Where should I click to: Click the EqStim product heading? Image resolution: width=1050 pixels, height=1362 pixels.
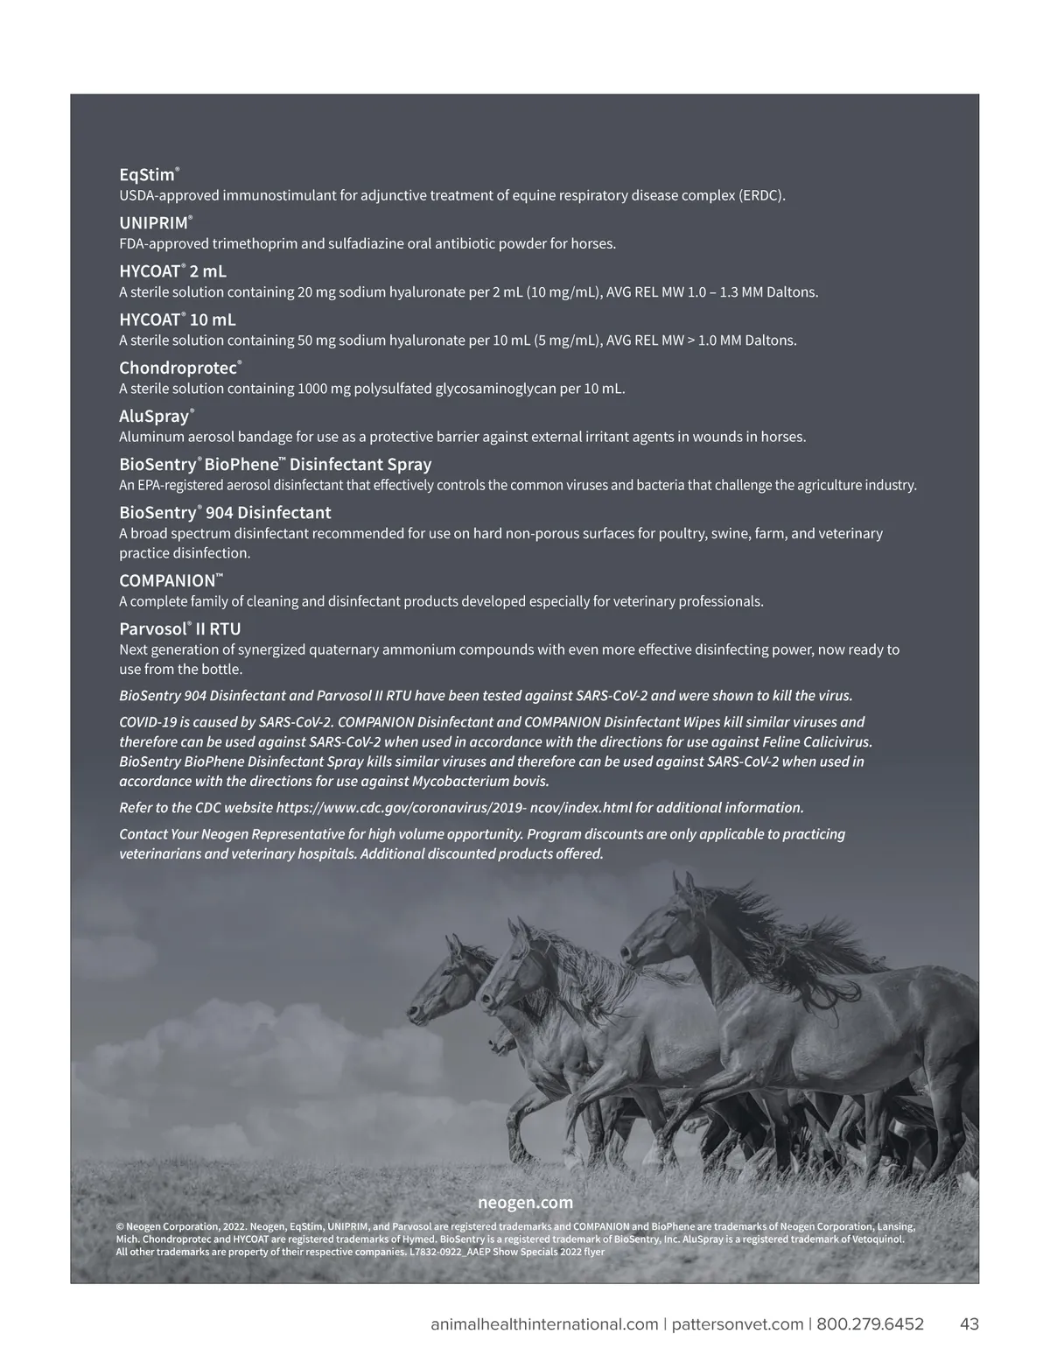click(x=148, y=175)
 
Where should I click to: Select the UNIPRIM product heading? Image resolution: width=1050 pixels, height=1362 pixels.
click(x=154, y=223)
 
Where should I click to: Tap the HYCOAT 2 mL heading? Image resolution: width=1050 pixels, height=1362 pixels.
click(x=172, y=271)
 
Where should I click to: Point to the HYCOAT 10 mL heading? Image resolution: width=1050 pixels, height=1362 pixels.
click(x=178, y=319)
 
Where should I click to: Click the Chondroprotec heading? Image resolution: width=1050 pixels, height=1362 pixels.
click(x=179, y=368)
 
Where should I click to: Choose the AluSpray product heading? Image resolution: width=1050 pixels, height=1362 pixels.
click(x=155, y=416)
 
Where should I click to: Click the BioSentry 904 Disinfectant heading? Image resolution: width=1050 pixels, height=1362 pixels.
click(x=225, y=512)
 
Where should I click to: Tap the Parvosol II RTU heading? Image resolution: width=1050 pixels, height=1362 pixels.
click(x=179, y=628)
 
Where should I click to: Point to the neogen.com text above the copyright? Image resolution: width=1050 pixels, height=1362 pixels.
click(x=525, y=1202)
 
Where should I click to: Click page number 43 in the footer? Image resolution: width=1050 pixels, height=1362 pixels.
click(x=969, y=1323)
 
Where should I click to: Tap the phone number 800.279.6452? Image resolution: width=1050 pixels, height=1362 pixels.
click(x=870, y=1323)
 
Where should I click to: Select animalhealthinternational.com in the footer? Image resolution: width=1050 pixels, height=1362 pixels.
click(x=544, y=1323)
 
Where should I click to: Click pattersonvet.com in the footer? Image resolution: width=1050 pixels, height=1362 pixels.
click(x=738, y=1323)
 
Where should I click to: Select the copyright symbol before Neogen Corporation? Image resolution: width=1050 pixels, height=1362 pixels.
click(x=120, y=1227)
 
